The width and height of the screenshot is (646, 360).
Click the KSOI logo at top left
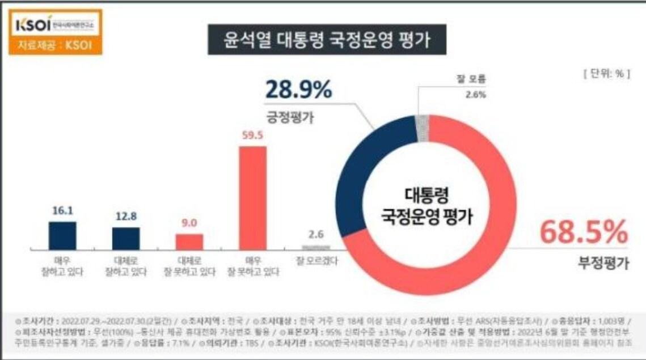pos(54,26)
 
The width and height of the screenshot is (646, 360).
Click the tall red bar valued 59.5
pos(252,198)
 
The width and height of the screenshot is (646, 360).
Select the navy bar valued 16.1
pos(62,235)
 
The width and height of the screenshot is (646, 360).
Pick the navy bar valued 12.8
pos(125,238)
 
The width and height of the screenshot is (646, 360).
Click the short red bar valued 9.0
pos(189,242)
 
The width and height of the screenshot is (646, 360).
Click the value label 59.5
pos(252,136)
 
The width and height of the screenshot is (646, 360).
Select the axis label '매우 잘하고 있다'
pos(62,266)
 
